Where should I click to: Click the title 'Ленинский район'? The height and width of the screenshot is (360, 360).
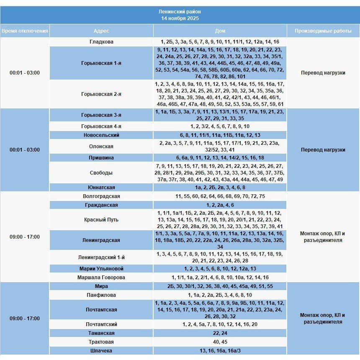tap(180, 12)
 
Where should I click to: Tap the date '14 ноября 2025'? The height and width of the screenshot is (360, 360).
tap(180, 18)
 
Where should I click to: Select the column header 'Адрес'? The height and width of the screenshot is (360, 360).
tap(101, 31)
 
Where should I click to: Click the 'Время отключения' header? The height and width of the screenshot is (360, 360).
tap(25, 31)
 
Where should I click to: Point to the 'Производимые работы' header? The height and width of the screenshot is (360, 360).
tap(323, 31)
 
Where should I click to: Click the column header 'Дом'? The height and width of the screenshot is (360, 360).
tap(220, 31)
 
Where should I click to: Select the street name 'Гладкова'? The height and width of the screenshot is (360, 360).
tap(101, 42)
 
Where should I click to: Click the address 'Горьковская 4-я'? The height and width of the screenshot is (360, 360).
tap(101, 126)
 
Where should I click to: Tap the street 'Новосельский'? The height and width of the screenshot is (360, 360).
tap(101, 135)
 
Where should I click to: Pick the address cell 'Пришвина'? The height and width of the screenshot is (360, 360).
tap(101, 158)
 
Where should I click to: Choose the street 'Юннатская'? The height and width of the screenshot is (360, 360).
tap(101, 188)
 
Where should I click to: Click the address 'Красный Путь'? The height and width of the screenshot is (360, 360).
tap(101, 220)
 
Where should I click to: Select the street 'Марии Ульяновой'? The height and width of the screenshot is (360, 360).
tap(101, 269)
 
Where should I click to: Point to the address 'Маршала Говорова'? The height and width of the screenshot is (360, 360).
tap(101, 278)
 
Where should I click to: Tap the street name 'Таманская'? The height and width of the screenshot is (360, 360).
tap(101, 333)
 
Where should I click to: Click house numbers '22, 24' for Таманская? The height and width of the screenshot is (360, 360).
tap(220, 333)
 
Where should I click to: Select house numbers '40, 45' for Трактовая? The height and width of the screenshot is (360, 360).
tap(220, 342)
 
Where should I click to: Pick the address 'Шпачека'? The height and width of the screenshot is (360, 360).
tap(101, 351)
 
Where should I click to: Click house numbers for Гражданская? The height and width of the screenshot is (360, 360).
tap(220, 205)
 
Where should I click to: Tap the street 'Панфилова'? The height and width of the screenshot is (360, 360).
tap(101, 295)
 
